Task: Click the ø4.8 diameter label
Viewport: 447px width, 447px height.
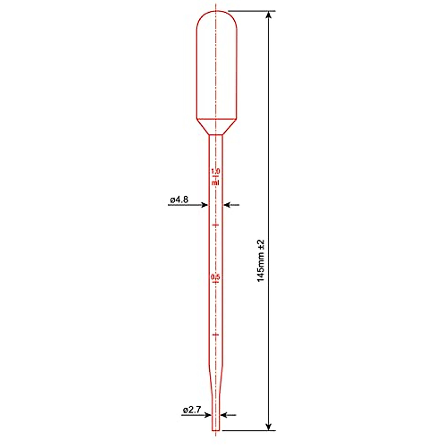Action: click(x=179, y=200)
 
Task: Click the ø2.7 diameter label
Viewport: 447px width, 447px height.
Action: click(x=192, y=410)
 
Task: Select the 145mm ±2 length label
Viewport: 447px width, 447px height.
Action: click(x=261, y=260)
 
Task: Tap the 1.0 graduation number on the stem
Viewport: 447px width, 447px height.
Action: click(x=216, y=171)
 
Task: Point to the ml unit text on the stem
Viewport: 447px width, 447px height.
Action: click(x=216, y=183)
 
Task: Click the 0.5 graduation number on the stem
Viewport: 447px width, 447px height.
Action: click(x=216, y=277)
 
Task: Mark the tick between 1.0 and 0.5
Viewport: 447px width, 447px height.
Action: click(x=216, y=225)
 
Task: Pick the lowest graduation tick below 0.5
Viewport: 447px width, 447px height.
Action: click(x=216, y=335)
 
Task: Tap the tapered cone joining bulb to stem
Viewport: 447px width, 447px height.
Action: click(x=216, y=127)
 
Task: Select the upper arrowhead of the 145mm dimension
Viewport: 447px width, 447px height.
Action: click(x=269, y=15)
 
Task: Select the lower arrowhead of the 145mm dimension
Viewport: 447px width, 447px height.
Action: click(x=269, y=427)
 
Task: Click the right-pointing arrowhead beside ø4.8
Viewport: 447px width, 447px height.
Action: click(x=205, y=205)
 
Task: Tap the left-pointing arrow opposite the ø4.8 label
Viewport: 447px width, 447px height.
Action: click(x=227, y=205)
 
